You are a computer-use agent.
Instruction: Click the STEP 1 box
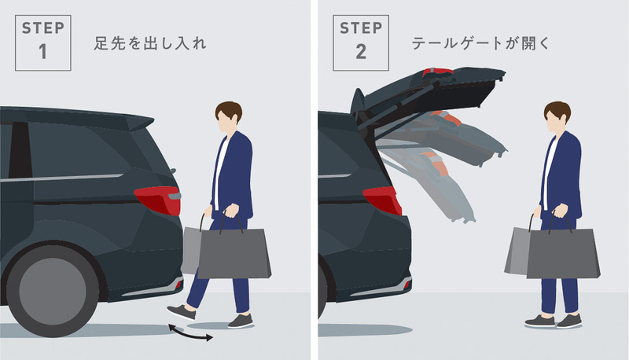click(43, 43)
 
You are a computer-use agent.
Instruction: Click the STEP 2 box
click(362, 43)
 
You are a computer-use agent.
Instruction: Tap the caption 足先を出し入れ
click(149, 44)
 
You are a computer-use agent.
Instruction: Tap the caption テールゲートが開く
click(480, 44)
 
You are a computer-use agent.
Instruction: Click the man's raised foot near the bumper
click(180, 312)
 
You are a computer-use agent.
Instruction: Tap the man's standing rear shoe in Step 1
click(241, 320)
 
